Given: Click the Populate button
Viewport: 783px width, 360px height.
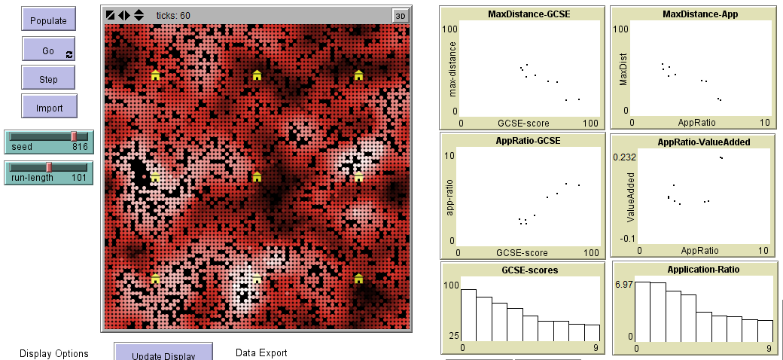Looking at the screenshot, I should click(x=49, y=21).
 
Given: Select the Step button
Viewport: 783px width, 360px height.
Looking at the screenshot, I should click(x=49, y=79).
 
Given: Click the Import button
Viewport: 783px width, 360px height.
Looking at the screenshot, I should click(x=49, y=108).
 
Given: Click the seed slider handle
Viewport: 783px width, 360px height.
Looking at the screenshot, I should click(x=74, y=136).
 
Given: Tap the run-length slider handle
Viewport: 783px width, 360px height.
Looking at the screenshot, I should click(x=49, y=166).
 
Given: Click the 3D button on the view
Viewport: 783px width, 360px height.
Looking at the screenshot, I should click(x=401, y=15).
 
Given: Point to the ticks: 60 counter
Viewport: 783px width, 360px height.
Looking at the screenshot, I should click(x=173, y=15).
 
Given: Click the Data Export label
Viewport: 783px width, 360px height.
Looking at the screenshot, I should click(x=261, y=353).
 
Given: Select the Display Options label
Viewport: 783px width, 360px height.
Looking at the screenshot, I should click(x=54, y=353).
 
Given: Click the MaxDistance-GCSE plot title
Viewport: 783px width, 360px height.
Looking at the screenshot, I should click(x=523, y=14).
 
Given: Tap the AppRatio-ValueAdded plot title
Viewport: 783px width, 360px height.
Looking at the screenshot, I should click(x=693, y=142).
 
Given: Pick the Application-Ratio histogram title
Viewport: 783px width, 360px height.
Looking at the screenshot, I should click(x=693, y=269).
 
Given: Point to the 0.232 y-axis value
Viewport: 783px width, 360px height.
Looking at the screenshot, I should click(x=625, y=157).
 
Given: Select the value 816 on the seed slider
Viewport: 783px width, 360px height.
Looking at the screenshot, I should click(x=80, y=147).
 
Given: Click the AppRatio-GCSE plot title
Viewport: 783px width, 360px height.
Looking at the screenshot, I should click(x=523, y=141).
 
